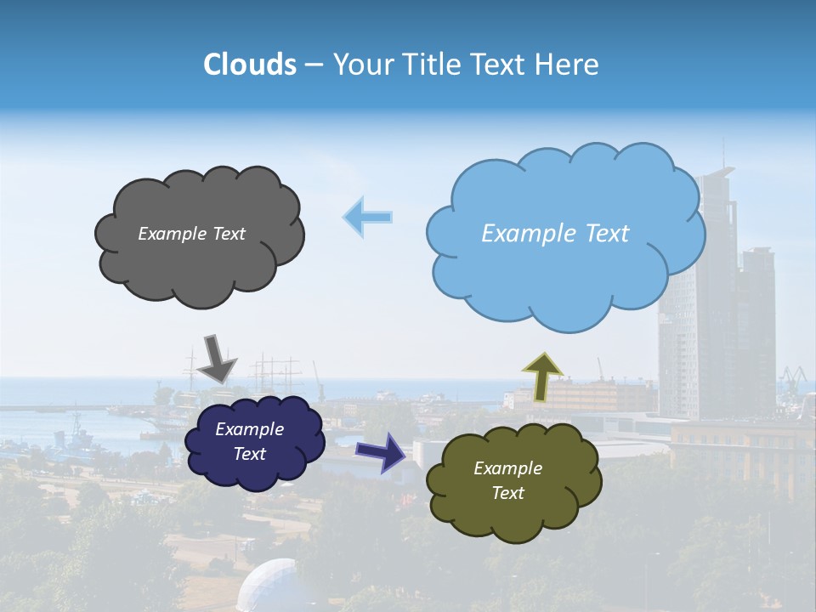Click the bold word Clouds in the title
pos(250,65)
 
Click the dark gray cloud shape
pos(199,263)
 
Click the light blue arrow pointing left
pos(367,217)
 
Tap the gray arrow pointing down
pos(218,357)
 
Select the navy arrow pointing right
pos(380,451)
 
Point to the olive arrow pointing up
pos(541,376)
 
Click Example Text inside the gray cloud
pos(191,234)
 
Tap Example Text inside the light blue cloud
pos(555,234)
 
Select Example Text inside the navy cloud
pos(249,441)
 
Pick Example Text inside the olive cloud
pos(507,480)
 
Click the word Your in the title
pos(361,65)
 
